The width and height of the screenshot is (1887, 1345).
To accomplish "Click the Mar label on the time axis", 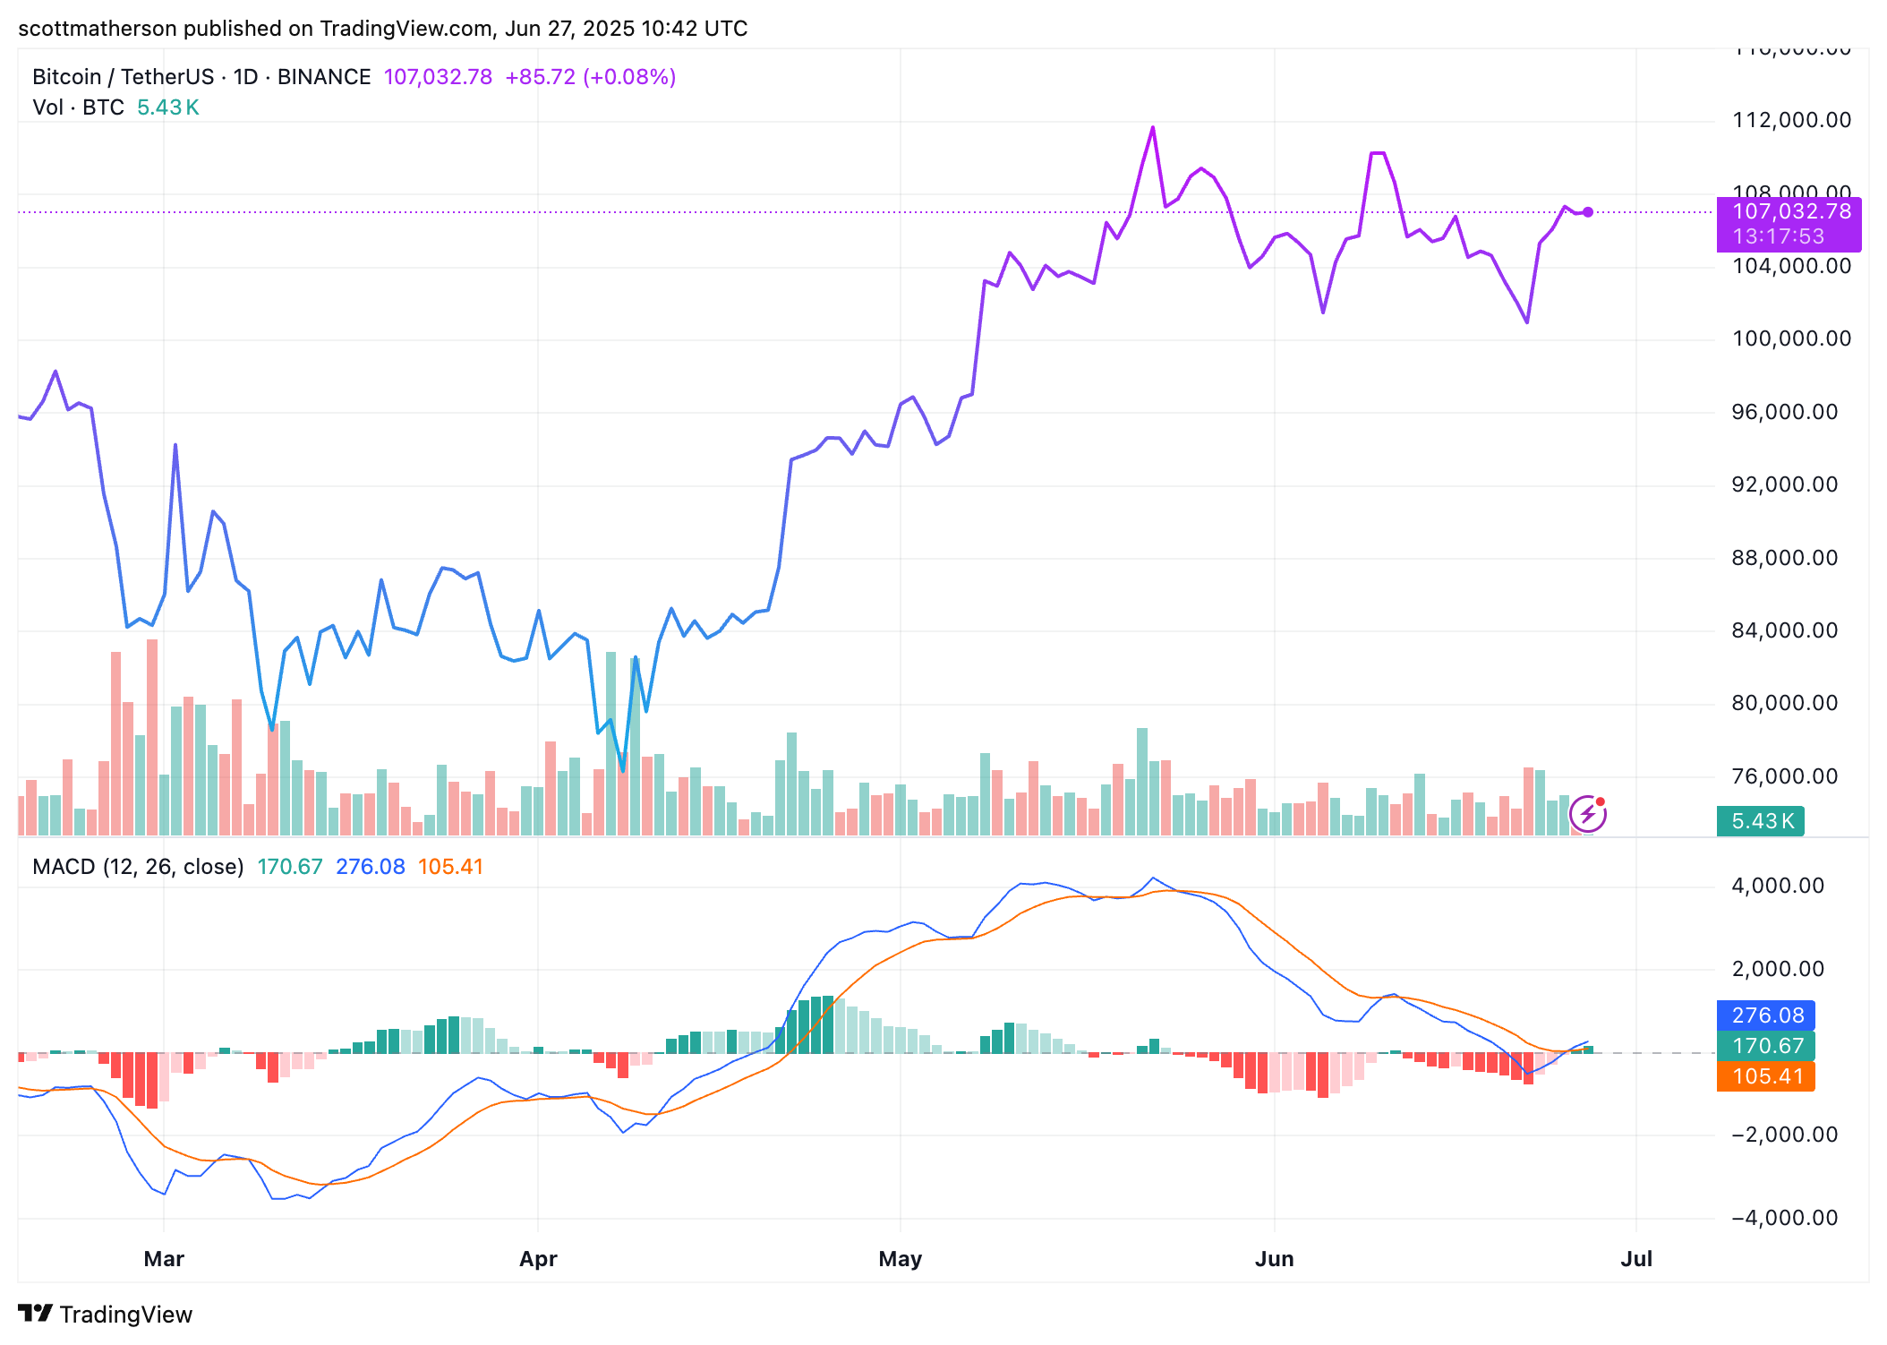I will click(x=164, y=1259).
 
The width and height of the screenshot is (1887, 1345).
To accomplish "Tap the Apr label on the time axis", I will click(x=538, y=1259).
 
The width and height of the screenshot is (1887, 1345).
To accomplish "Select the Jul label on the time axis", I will click(x=1636, y=1259).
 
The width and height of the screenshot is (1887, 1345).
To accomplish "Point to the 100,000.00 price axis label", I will click(x=1791, y=338).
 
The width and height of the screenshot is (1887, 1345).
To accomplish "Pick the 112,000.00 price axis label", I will click(x=1791, y=120).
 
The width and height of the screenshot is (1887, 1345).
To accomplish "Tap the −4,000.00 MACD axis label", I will click(x=1784, y=1218).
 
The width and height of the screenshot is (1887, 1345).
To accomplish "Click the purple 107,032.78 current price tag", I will click(x=1791, y=213).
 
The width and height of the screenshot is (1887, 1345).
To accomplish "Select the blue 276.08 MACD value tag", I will click(x=1767, y=1015).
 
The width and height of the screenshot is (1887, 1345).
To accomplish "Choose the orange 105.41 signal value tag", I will click(x=1767, y=1076).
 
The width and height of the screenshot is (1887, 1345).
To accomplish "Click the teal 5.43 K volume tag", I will click(x=1761, y=821).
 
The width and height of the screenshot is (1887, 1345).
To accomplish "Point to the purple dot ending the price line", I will click(x=1588, y=212).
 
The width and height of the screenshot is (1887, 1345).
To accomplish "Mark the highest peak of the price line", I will click(x=1153, y=127).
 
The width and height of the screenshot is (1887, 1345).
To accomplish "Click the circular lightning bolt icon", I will click(x=1588, y=814).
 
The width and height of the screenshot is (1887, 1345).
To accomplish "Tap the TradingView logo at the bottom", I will click(x=106, y=1315).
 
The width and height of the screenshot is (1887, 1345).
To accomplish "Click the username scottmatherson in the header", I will click(x=98, y=29).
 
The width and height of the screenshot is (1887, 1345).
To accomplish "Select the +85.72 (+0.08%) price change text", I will click(x=590, y=77).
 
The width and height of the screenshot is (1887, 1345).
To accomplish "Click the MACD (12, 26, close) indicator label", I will click(x=138, y=867).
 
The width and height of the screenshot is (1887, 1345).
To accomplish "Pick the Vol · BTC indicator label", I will click(x=78, y=107).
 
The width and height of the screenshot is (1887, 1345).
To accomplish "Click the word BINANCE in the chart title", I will click(x=324, y=77).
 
